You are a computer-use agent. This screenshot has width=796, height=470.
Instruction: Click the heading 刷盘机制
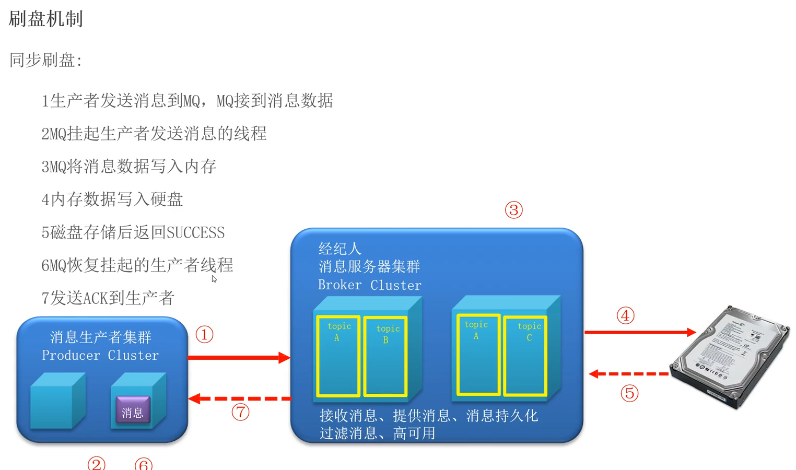point(46,19)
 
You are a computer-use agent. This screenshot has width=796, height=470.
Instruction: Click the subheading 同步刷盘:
point(46,60)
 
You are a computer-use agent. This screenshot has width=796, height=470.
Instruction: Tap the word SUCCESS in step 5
point(195,232)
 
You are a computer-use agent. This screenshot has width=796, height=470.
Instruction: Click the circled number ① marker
point(204,334)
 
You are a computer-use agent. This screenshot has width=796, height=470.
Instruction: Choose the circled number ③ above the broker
point(513,210)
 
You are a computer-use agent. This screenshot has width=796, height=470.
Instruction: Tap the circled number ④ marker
point(625,315)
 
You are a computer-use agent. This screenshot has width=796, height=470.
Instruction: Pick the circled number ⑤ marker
point(629,393)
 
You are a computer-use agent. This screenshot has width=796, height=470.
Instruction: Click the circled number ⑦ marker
point(240,412)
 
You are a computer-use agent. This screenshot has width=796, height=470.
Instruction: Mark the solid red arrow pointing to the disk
point(640,332)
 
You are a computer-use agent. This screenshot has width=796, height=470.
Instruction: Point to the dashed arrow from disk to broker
point(629,374)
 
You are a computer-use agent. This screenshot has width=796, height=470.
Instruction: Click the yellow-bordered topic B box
point(386,356)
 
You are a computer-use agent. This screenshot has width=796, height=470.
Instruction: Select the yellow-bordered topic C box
point(525,355)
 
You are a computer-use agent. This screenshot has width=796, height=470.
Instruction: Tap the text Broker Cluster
point(369,285)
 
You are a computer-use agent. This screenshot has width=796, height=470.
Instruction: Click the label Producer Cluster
point(100,355)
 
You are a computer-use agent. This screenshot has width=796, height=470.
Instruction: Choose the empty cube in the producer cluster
point(57,401)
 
